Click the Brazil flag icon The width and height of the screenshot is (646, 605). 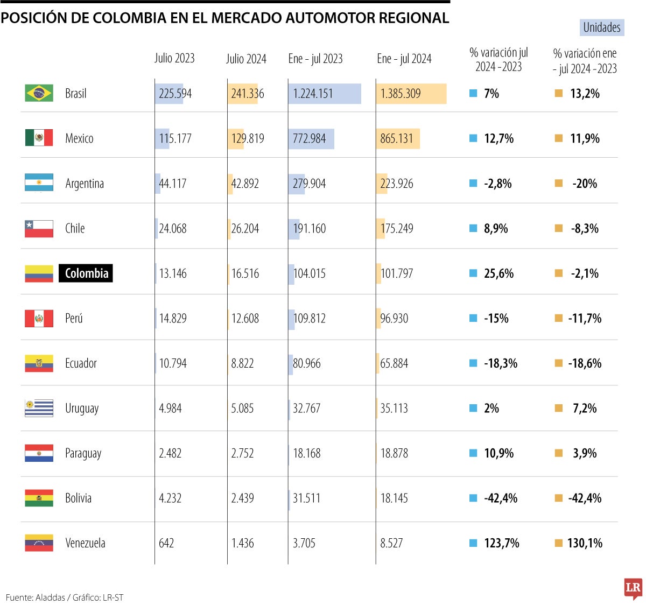(x=39, y=93)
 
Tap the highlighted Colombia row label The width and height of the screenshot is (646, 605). (x=86, y=273)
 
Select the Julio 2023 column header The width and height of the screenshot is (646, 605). (x=174, y=58)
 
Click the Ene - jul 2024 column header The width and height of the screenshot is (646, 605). (x=404, y=59)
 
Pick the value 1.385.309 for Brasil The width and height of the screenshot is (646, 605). (x=401, y=94)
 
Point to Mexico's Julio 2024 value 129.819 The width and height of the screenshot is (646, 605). (x=248, y=139)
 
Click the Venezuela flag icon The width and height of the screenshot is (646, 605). (x=39, y=543)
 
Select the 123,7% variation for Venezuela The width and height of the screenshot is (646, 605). (x=501, y=543)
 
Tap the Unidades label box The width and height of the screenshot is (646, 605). (x=602, y=27)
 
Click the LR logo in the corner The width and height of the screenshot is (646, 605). (x=633, y=588)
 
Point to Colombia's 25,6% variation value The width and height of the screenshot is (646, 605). (x=498, y=273)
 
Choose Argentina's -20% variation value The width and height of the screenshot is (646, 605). (x=585, y=184)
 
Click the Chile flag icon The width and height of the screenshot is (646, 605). (x=39, y=229)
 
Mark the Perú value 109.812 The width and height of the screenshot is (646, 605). (x=310, y=319)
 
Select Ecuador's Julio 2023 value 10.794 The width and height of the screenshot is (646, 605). (x=173, y=364)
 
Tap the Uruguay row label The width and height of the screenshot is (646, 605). (x=82, y=409)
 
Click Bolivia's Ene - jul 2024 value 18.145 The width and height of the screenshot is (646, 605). (x=394, y=498)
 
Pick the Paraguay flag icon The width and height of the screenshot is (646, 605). (x=39, y=453)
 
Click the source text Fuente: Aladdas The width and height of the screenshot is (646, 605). (x=35, y=597)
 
